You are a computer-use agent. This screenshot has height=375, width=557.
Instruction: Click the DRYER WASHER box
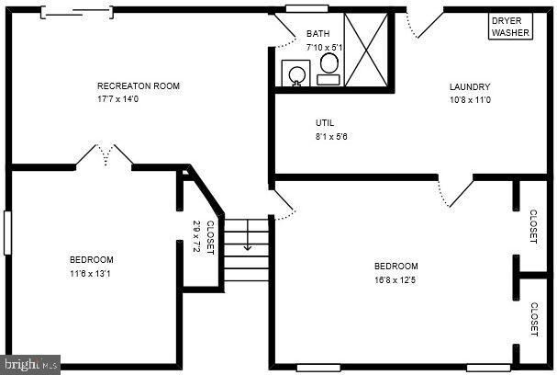510,27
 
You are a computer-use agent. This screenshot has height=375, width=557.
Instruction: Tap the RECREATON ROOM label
139,86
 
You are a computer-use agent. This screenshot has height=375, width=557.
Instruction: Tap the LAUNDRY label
469,87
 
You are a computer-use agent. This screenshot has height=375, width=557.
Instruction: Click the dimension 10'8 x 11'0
470,100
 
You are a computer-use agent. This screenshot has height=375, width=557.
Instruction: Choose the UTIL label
325,123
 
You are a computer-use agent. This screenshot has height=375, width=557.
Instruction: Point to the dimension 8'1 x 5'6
332,136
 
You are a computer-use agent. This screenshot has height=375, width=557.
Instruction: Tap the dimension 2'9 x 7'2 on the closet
196,237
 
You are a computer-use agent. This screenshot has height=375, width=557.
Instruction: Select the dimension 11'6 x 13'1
92,273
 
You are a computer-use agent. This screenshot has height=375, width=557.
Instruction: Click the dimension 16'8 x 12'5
395,279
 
